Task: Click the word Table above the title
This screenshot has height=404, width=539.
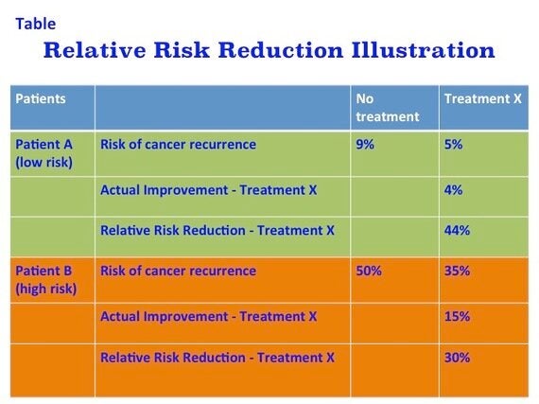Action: point(36,24)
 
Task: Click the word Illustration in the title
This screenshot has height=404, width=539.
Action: point(423,50)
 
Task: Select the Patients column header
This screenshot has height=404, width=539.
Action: point(41,99)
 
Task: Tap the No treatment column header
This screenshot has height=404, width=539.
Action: point(388,108)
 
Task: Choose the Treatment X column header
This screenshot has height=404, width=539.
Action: point(483,99)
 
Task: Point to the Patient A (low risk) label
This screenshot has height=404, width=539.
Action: point(44,153)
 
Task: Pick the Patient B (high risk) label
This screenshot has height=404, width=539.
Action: point(46,280)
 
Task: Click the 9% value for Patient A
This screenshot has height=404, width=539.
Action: point(365,145)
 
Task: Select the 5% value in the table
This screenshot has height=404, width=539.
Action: point(453,145)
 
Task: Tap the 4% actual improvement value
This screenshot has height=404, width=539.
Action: point(453,190)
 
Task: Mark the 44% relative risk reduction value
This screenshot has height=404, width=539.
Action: point(457,230)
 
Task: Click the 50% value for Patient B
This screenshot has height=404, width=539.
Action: point(369,271)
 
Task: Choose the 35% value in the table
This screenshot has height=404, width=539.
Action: point(457,271)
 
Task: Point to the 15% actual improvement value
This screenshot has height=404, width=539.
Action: point(457,316)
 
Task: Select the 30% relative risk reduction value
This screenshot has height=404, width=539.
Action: point(457,358)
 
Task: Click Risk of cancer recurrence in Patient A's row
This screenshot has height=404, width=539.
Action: point(178,145)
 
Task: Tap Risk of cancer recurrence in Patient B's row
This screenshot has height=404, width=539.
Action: point(178,271)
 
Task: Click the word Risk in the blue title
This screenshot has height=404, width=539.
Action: point(182,50)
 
